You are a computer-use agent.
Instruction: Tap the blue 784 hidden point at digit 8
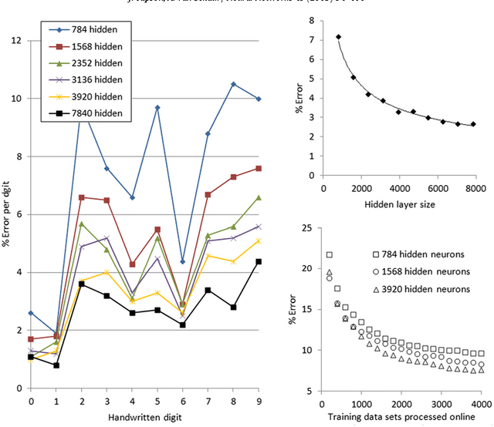(x=233, y=84)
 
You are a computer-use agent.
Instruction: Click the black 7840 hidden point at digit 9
(x=259, y=261)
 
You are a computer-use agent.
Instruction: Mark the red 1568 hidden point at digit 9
(x=259, y=168)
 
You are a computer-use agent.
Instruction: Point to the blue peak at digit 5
(x=157, y=107)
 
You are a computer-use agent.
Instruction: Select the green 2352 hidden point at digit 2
(x=82, y=224)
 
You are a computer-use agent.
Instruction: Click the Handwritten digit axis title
(x=144, y=417)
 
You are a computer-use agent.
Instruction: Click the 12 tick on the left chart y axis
(x=15, y=39)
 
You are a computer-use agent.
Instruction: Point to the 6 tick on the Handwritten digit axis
(x=183, y=402)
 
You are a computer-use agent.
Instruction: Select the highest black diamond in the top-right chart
(x=338, y=37)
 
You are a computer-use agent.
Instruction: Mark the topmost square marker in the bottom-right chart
(x=330, y=254)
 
